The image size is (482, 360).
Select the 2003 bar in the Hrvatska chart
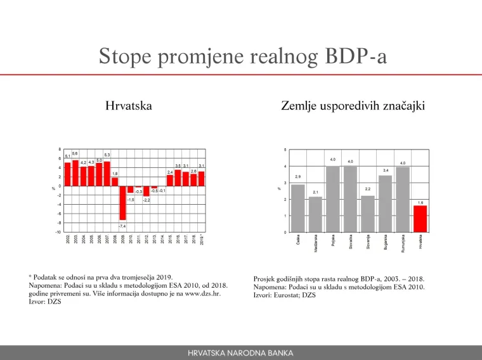(75, 172)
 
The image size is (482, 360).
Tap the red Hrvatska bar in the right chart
(420, 219)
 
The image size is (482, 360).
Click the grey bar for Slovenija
(368, 214)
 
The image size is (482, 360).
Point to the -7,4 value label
(123, 226)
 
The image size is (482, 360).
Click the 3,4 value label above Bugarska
(386, 170)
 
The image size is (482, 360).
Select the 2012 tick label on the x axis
(147, 239)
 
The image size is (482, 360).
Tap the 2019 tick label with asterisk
(202, 240)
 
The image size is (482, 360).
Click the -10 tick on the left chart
(58, 232)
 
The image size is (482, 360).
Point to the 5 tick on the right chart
(285, 150)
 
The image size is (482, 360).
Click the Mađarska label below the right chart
(316, 244)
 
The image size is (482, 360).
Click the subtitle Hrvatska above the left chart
(128, 106)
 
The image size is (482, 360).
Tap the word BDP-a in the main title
(355, 56)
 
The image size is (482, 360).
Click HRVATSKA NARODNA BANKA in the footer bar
(241, 353)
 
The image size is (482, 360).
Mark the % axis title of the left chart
(53, 188)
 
